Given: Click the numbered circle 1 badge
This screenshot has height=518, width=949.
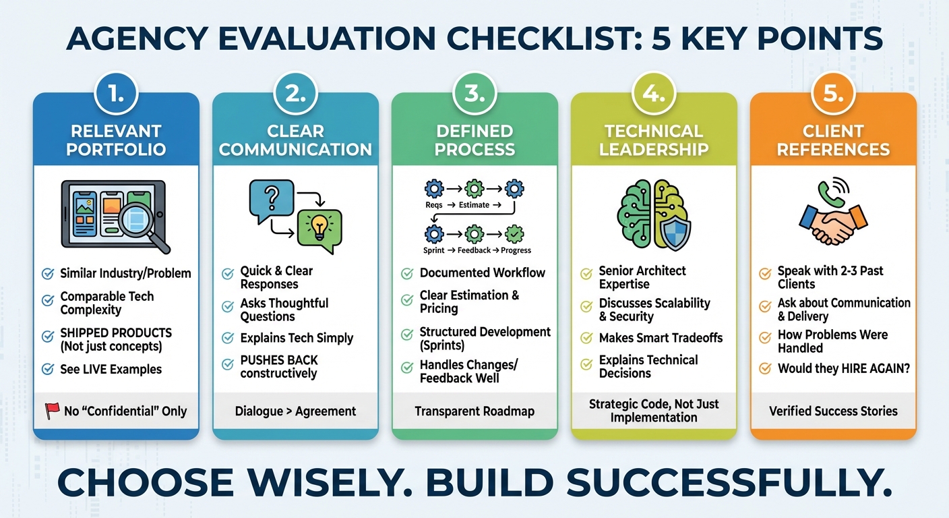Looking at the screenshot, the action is (x=116, y=93).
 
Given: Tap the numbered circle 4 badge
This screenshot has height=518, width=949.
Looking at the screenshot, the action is (x=654, y=93).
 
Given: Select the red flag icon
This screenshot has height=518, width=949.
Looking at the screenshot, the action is (x=53, y=411).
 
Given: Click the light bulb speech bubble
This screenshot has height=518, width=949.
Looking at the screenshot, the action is (x=320, y=230).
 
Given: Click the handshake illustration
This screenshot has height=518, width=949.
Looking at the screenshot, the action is (x=833, y=225).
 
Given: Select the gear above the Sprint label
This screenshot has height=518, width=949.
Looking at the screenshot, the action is (x=434, y=233).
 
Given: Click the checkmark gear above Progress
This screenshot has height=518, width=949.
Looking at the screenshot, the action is (x=514, y=233).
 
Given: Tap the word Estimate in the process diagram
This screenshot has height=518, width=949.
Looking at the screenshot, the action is (x=474, y=205).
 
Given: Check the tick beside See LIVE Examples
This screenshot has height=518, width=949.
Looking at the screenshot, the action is (x=48, y=369).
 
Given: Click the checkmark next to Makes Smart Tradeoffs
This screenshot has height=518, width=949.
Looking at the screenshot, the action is (x=586, y=338).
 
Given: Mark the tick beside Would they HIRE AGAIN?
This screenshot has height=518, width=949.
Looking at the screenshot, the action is (x=765, y=368).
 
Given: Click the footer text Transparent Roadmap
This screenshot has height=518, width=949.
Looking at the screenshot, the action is (x=474, y=411).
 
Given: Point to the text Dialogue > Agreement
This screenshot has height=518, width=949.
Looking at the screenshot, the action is (x=295, y=411).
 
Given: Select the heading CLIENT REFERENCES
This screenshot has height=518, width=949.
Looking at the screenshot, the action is (x=833, y=140).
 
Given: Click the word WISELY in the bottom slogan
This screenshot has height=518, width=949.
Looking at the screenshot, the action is (x=330, y=482).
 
